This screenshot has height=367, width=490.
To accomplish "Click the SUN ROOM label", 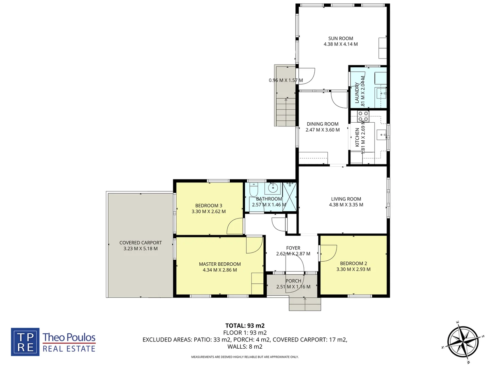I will point(341,38).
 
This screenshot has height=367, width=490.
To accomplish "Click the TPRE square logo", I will point(25,342).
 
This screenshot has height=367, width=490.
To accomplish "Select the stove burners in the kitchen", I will point(363,116).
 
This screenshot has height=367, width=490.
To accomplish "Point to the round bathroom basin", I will point(273,188).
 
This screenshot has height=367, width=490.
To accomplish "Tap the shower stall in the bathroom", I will point(290,197).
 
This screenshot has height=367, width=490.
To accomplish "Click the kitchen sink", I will point(381,135).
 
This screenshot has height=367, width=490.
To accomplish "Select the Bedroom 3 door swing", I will point(235,226).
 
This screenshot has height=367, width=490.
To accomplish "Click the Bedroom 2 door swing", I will point(327,253).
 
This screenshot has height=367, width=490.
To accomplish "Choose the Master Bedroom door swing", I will point(254,245).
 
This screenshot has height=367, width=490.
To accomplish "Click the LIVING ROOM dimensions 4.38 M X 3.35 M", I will point(346,205).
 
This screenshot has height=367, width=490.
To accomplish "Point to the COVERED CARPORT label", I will point(141,243).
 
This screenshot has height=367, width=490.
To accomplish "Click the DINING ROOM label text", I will point(323,124).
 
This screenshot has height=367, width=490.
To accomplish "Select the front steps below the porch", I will point(305,304).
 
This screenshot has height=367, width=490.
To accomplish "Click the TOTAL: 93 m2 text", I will point(245,326).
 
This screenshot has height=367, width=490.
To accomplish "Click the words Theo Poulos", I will point(69,337).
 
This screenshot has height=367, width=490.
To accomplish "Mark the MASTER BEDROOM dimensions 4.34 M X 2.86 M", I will point(220,270).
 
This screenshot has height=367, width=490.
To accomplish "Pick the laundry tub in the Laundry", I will point(381,93).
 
